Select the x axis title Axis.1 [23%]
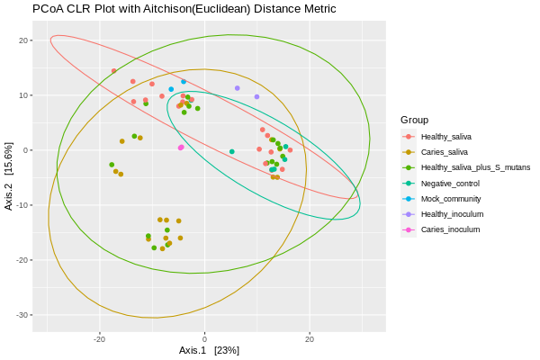(209, 350)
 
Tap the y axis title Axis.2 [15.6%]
(9, 175)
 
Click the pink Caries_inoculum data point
(181, 148)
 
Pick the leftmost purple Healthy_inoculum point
(238, 88)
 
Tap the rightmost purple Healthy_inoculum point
(256, 96)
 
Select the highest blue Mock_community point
(184, 82)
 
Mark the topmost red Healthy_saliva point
(114, 71)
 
